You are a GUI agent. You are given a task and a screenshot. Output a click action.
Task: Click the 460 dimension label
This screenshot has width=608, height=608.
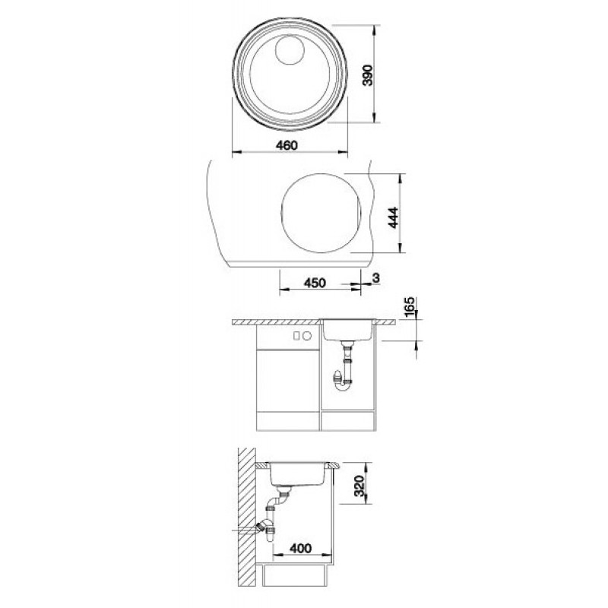(x=287, y=145)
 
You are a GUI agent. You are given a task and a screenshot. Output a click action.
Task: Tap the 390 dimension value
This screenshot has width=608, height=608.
(x=368, y=74)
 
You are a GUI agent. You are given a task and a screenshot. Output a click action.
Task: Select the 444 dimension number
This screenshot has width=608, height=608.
(x=393, y=217)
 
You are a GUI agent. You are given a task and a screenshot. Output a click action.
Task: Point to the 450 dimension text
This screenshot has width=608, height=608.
(x=315, y=283)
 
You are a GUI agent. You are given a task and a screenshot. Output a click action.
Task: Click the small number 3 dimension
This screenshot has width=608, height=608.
(x=375, y=278)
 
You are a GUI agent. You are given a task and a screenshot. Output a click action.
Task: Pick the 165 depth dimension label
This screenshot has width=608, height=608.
(x=410, y=307)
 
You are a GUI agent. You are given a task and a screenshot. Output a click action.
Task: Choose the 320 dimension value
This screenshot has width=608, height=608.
(x=359, y=486)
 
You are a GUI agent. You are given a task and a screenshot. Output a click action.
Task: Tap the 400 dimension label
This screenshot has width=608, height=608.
(x=300, y=548)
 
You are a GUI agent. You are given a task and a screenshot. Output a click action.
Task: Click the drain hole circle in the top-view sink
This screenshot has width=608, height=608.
(x=290, y=50)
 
